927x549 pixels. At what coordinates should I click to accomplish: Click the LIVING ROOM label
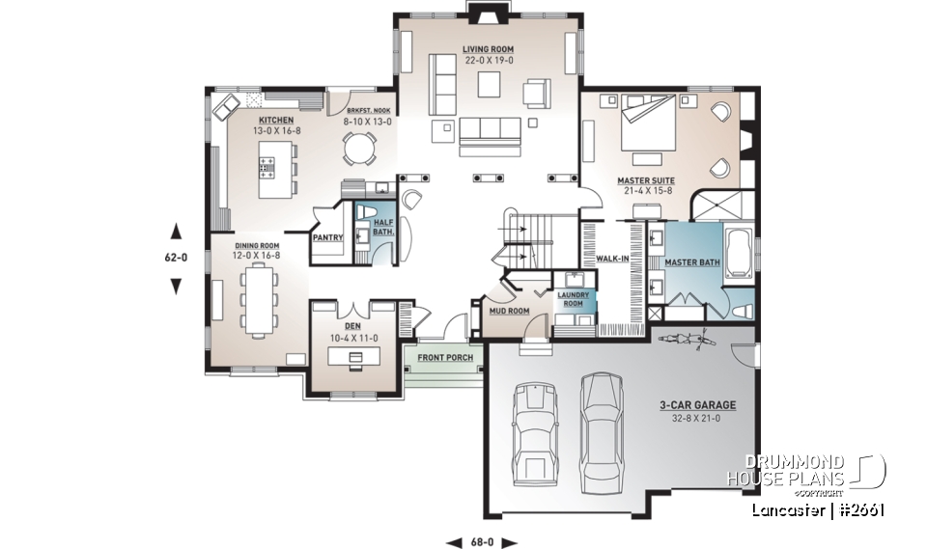point(488,48)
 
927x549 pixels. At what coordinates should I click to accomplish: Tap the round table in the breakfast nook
point(360,149)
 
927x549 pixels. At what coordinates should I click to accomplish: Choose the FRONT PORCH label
point(445,358)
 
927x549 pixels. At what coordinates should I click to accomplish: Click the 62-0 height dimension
point(176,258)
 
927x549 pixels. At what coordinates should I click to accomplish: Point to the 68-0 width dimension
point(482,541)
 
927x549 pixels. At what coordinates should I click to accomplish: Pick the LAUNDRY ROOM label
point(574,299)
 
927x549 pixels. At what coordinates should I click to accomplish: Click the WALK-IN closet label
point(613,259)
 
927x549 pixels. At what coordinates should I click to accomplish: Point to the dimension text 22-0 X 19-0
point(488,60)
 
